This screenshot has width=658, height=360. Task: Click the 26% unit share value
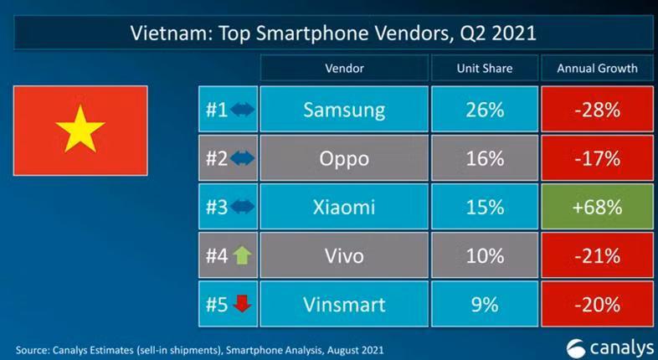pyautogui.click(x=484, y=110)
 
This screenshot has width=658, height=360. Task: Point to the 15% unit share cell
pyautogui.click(x=484, y=207)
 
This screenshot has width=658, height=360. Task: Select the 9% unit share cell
pyautogui.click(x=484, y=304)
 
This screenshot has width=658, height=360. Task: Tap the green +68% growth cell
pyautogui.click(x=597, y=207)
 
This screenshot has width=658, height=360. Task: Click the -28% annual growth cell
pyautogui.click(x=597, y=110)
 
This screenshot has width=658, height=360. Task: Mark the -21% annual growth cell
pyautogui.click(x=597, y=255)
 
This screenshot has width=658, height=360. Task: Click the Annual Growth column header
pyautogui.click(x=597, y=68)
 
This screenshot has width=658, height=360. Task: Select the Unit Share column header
pyautogui.click(x=484, y=68)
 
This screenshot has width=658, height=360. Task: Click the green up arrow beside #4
pyautogui.click(x=242, y=255)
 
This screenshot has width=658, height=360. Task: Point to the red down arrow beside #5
pyautogui.click(x=242, y=304)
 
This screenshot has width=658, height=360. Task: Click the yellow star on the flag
pyautogui.click(x=80, y=130)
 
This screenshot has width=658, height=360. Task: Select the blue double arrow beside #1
pyautogui.click(x=242, y=110)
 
